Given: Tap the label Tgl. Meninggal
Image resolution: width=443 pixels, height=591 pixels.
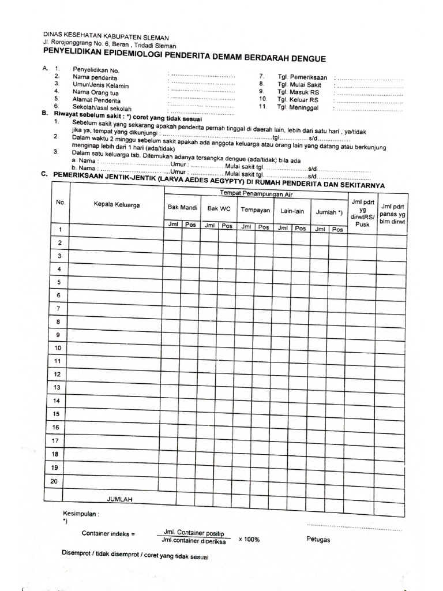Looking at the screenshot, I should pyautogui.click(x=298, y=107).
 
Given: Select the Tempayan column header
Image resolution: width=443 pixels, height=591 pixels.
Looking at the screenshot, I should pyautogui.click(x=255, y=211).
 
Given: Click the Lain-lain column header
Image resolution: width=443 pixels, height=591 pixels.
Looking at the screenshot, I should pyautogui.click(x=292, y=211).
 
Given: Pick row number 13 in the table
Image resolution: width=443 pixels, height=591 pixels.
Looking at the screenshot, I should pyautogui.click(x=58, y=387).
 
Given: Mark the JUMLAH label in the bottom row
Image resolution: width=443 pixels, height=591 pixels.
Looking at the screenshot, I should pyautogui.click(x=120, y=498).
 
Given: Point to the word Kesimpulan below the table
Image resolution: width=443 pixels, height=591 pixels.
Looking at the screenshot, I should pyautogui.click(x=80, y=513).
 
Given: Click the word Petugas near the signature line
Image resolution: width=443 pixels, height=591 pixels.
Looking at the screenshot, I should pyautogui.click(x=318, y=540).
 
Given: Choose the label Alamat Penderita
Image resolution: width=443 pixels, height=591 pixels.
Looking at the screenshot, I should pyautogui.click(x=93, y=100).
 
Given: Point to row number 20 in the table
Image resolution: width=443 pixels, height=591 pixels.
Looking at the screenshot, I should pyautogui.click(x=55, y=481).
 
